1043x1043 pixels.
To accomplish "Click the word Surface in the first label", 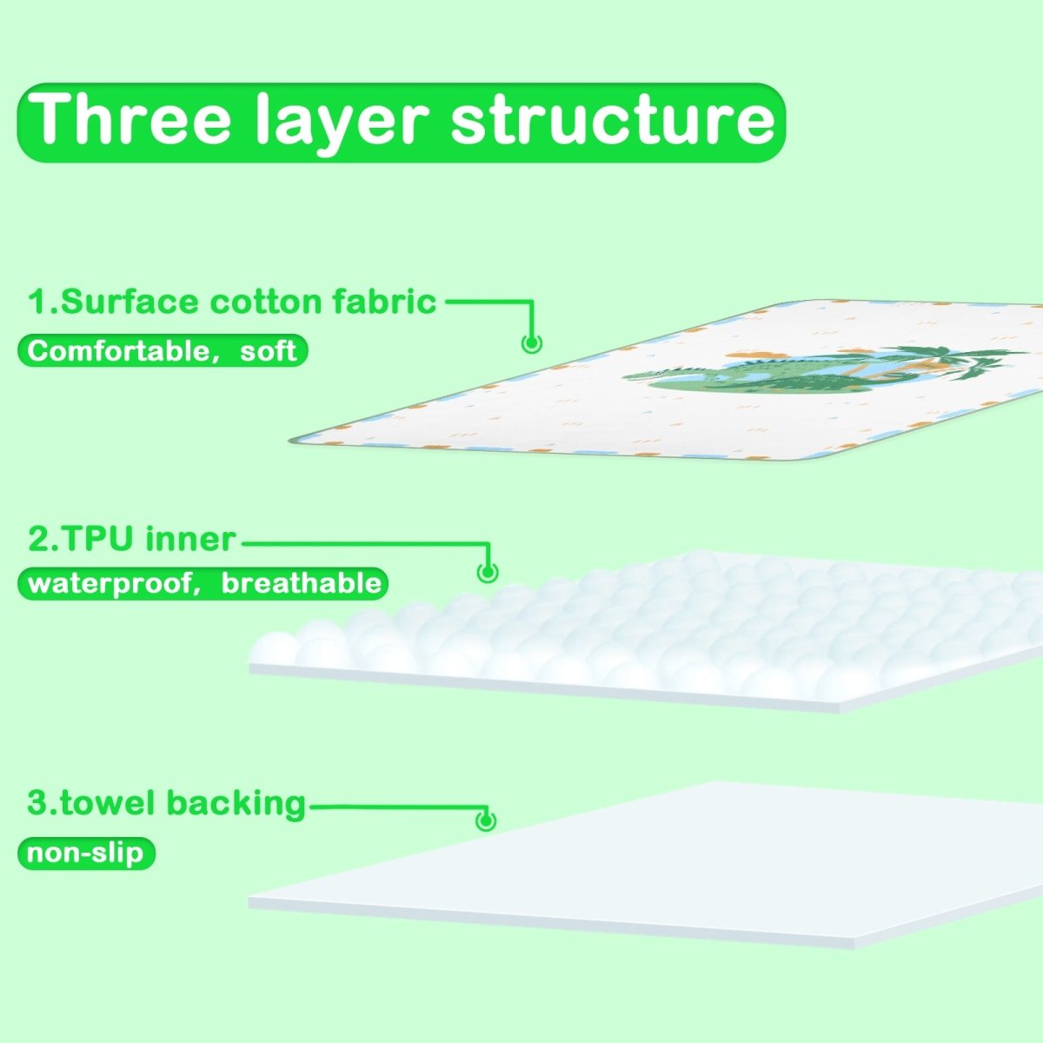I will (x=130, y=302).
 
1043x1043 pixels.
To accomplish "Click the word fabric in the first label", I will (x=384, y=302).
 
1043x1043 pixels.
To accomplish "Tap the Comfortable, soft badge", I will (x=163, y=350).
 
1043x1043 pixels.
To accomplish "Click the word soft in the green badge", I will (x=269, y=350).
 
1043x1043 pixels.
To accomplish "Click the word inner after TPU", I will (x=190, y=539).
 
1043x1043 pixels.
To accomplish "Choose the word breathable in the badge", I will (x=301, y=583).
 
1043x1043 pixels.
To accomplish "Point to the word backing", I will (x=236, y=803).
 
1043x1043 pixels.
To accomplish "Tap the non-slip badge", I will (x=85, y=853).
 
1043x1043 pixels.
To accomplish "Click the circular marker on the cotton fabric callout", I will (x=531, y=342).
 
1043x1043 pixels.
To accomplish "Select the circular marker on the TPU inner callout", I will (x=488, y=572).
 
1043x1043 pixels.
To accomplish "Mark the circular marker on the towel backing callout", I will (x=486, y=820).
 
